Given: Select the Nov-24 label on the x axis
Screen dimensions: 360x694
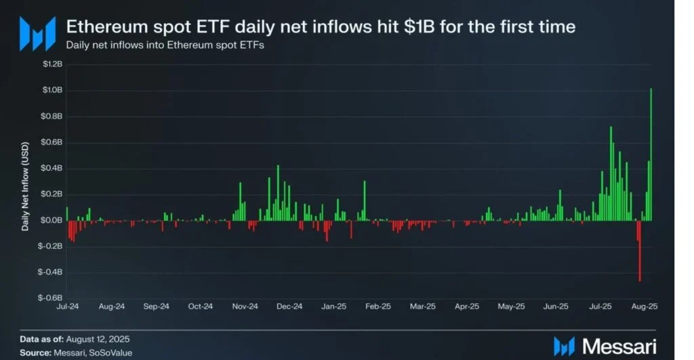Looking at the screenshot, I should click(245, 306).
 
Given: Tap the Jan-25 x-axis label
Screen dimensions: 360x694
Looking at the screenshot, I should click(333, 306).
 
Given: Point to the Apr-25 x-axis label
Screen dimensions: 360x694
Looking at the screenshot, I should click(467, 306).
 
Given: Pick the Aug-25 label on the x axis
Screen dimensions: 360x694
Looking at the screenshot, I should click(645, 306).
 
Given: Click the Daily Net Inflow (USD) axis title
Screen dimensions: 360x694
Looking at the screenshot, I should click(25, 186).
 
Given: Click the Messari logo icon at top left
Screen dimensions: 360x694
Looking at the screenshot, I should click(37, 33).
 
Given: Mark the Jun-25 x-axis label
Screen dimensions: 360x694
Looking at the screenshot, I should click(556, 306).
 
